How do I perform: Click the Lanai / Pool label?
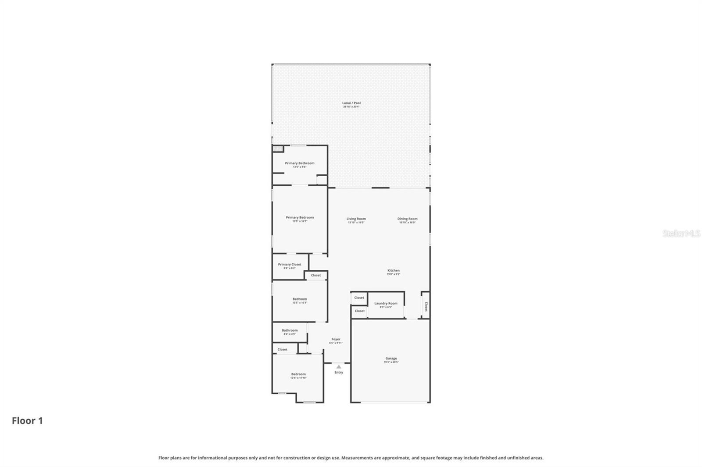point(351,103)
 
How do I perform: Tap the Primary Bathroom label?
point(300,163)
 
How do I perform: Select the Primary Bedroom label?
point(300,218)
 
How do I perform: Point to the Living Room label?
point(356,219)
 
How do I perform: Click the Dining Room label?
point(407,219)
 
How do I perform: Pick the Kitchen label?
point(393,271)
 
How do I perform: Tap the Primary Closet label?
point(290,265)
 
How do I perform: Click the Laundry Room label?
point(386,304)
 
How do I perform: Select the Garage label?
point(391,359)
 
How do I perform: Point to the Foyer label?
point(336,340)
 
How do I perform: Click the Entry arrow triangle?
point(339,367)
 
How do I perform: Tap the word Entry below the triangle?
point(339,372)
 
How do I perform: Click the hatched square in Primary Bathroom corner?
point(277,149)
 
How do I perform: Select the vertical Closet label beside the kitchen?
point(426,306)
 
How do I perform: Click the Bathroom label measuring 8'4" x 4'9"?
point(290,331)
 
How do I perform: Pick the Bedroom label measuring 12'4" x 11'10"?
point(298,375)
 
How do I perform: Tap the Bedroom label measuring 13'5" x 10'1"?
point(300,299)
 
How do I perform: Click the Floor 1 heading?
point(27,421)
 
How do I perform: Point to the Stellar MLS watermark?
point(681,234)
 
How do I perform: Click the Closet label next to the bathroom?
point(283,350)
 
